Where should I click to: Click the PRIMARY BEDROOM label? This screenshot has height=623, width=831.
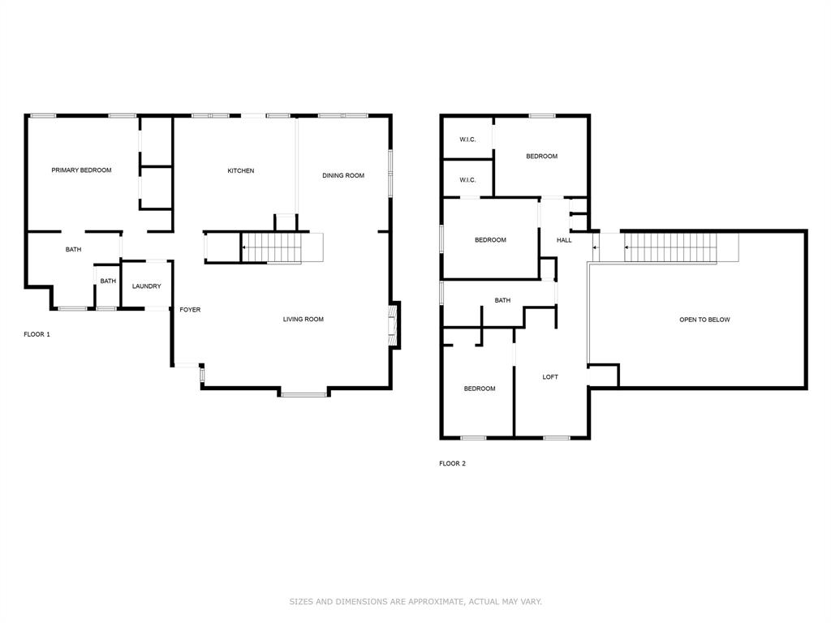point(81,170)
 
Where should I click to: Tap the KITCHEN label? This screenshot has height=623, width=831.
point(240,171)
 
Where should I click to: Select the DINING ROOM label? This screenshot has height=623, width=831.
point(342,175)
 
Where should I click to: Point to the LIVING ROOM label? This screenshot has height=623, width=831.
point(303,320)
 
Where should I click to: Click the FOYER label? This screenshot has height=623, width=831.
point(190,310)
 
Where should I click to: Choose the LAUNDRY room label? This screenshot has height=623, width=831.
point(147,286)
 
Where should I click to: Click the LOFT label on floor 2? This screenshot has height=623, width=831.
point(550,377)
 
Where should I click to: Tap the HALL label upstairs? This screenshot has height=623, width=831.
point(563,240)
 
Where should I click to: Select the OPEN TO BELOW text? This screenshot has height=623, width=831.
point(704,320)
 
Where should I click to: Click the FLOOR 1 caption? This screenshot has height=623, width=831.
point(37,334)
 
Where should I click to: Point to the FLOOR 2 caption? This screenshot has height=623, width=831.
point(452,464)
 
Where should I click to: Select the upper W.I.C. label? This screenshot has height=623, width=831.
point(467,140)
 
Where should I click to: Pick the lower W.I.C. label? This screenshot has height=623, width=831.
point(467,180)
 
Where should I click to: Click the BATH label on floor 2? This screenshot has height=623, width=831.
point(502,301)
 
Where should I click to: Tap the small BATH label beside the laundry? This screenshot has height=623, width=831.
point(108,281)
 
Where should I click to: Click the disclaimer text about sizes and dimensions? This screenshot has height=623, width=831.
point(415,602)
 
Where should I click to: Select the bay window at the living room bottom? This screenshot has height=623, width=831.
point(304,394)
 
